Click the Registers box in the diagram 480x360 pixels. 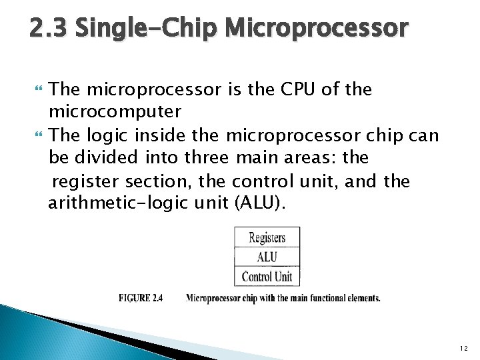pos(267,237)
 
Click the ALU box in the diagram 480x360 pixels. pos(267,257)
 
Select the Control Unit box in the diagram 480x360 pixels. pos(267,276)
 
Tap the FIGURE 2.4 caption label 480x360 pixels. pos(141,298)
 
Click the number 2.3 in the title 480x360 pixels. pos(49,27)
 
